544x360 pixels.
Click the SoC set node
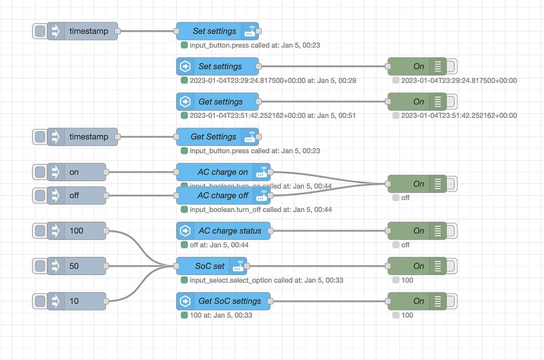[x=211, y=266]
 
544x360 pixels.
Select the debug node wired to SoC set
[x=418, y=266]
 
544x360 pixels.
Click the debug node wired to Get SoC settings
[x=418, y=301]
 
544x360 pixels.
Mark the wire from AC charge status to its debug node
[x=330, y=230]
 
